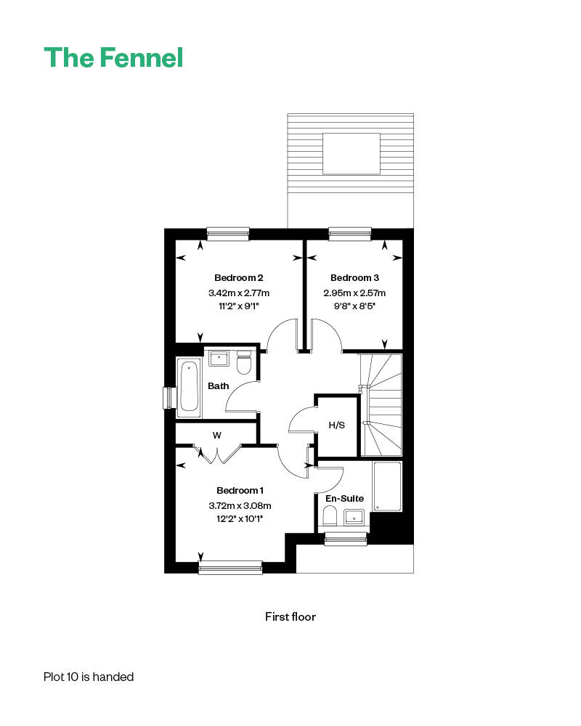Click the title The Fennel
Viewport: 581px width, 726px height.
pos(113,58)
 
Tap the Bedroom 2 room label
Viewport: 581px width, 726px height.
pos(239,278)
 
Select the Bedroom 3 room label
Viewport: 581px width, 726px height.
pos(354,278)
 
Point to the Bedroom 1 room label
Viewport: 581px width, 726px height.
pos(240,490)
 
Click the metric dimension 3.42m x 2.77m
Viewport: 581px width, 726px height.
pos(239,293)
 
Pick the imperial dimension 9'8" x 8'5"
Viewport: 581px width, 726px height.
pos(354,306)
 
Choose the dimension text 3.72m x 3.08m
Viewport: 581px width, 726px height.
pos(240,505)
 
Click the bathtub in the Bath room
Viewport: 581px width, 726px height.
pos(189,387)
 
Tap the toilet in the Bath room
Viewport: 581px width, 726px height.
pos(244,362)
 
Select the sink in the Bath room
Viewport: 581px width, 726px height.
pos(219,359)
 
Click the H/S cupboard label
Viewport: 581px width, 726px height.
pos(337,425)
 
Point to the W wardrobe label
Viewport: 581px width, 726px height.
pos(217,435)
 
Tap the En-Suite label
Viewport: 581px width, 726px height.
pos(344,499)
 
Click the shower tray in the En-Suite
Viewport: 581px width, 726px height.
pos(387,486)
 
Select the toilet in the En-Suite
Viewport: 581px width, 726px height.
pos(330,515)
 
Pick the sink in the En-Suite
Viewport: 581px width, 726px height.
pos(354,518)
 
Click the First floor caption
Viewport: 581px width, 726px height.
pos(290,616)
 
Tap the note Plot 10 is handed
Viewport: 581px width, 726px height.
pos(89,677)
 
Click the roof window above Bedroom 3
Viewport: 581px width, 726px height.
pos(352,154)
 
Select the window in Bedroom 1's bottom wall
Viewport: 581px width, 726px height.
pos(230,568)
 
